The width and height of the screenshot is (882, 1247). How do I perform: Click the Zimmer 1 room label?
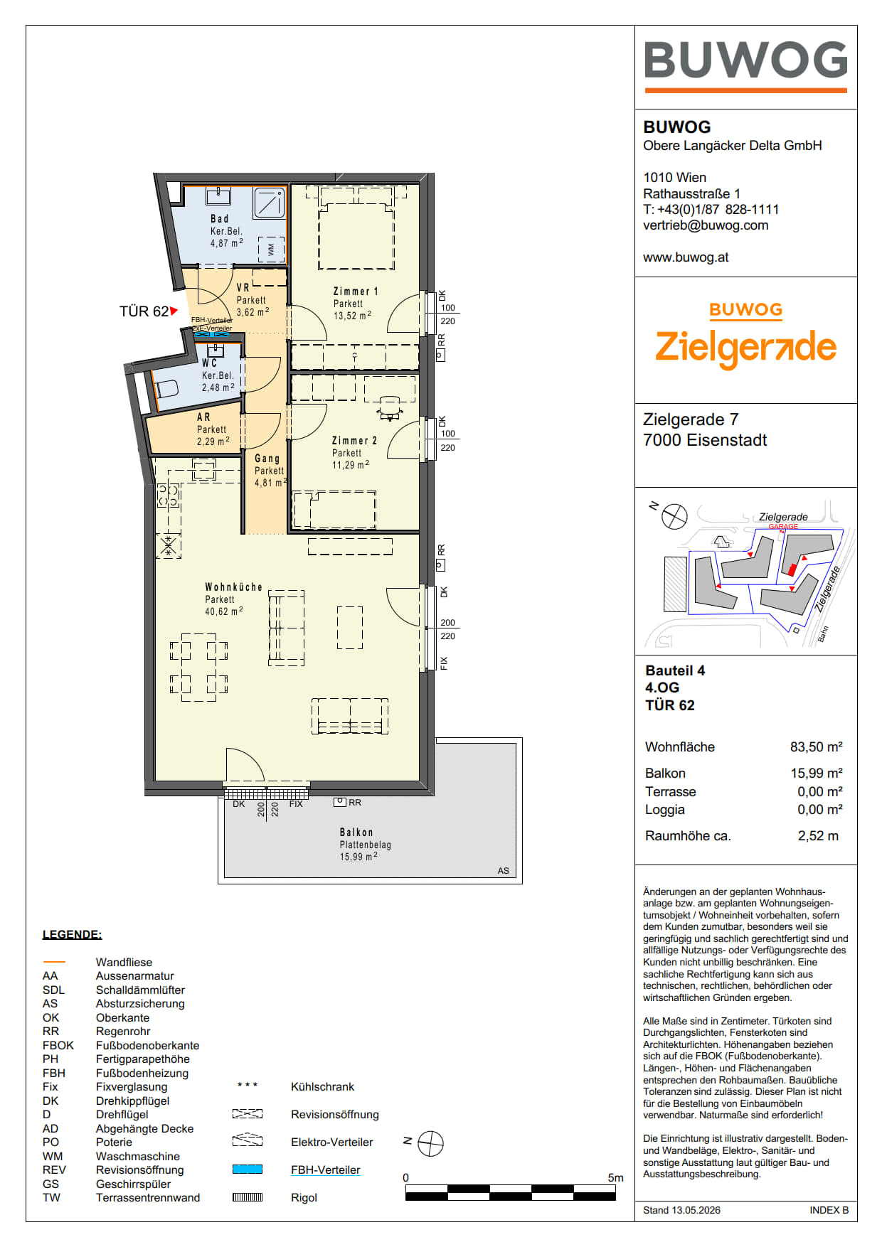point(356,291)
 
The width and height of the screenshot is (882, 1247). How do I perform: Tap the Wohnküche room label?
point(233,587)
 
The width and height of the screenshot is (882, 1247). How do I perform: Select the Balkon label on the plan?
point(356,833)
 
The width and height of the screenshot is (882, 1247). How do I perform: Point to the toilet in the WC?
point(166,390)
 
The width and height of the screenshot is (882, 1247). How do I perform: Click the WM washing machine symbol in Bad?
point(271,250)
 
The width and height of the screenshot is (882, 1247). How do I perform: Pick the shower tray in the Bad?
point(270,203)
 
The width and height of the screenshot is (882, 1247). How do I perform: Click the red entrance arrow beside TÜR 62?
point(174,311)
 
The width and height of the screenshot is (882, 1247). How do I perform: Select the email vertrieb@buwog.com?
point(706,225)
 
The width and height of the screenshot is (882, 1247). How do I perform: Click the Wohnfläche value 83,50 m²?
point(817,747)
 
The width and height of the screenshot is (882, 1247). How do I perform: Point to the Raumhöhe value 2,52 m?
point(818,836)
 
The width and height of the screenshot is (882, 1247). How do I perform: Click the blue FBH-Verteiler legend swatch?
point(248,1170)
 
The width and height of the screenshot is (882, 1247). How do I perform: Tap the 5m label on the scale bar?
point(615,1178)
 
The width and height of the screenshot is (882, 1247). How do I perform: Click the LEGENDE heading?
point(72,935)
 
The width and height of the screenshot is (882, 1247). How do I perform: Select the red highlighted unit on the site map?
point(792,569)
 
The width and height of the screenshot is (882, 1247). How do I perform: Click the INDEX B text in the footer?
point(829,1210)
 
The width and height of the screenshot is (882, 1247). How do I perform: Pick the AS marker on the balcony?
point(504,871)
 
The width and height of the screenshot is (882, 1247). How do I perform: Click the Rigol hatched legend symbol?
point(248,1197)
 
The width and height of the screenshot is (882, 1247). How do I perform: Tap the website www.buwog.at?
point(686,257)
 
